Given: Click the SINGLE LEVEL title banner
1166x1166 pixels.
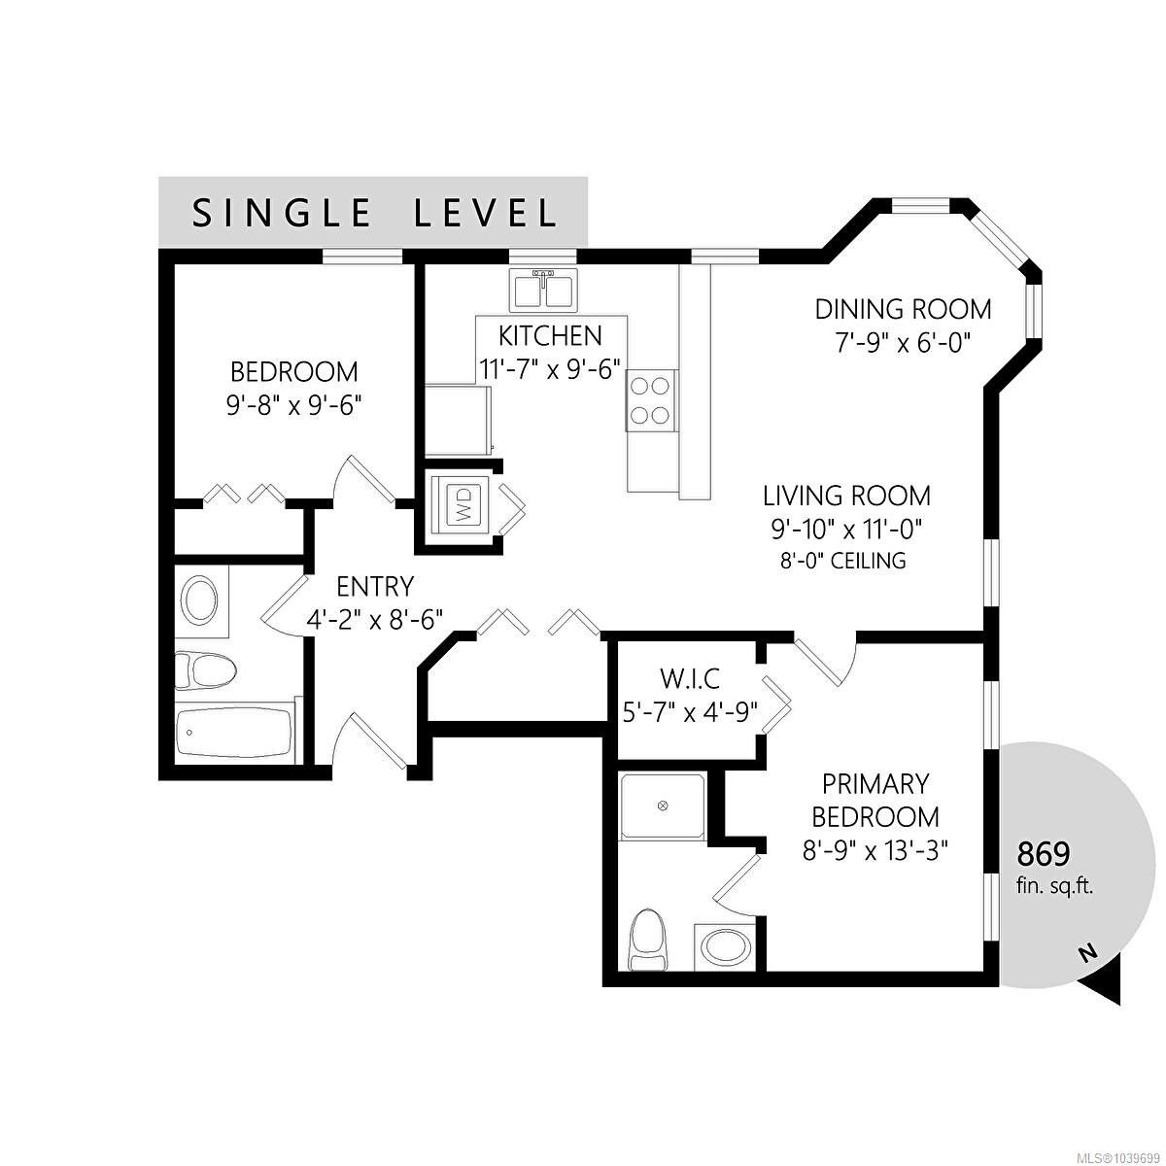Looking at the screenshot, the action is coord(373,212).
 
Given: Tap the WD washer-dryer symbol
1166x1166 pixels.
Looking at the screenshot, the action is coord(463,504).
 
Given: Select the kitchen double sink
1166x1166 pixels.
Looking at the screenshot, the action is coord(544,291).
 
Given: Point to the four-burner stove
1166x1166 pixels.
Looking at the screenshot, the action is coord(650,400).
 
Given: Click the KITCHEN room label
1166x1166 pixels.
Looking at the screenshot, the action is coord(550,336).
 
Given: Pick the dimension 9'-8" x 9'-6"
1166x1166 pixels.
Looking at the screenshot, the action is coord(294,405).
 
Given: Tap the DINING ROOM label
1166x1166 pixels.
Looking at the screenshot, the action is coord(903,309).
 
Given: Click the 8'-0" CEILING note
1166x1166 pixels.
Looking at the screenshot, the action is coord(842,561).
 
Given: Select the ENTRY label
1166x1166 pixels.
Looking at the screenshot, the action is coord(375,586).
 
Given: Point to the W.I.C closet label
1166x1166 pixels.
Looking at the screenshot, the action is coord(690,679).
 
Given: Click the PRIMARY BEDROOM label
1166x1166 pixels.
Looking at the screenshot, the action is coord(874,800).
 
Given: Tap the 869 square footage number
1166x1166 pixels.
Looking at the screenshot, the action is coord(1044,854).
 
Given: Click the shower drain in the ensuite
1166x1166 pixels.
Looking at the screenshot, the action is coord(664,806).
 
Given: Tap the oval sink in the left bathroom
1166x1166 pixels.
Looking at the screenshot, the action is coord(201,600).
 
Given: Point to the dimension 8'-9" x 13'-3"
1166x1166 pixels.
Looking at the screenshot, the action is coord(874,852).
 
